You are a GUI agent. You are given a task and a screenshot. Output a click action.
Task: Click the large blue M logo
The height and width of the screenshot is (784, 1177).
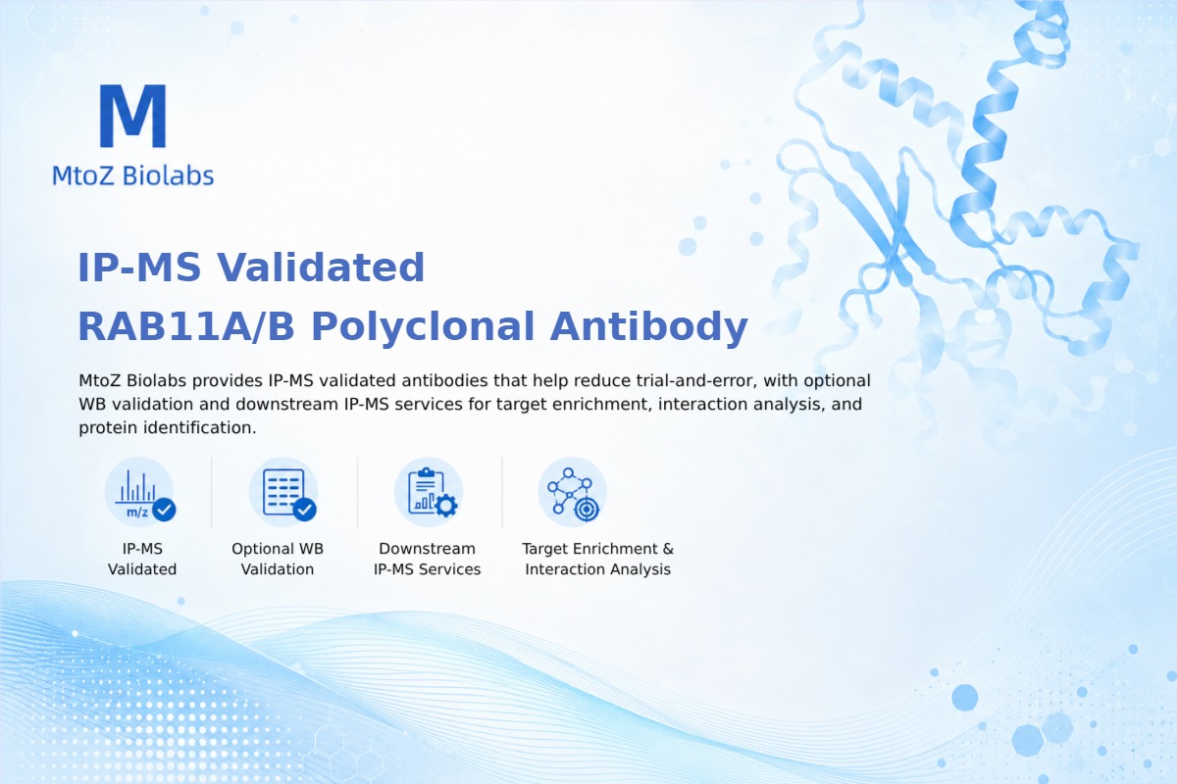pos(133,116)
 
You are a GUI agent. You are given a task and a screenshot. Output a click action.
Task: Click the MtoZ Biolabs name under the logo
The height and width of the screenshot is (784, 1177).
pos(133,175)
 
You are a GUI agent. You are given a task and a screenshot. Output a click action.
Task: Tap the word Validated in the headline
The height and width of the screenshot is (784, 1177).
pos(321,268)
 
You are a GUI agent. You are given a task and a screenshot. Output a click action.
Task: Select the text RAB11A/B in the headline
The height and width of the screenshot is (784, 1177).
pos(186,326)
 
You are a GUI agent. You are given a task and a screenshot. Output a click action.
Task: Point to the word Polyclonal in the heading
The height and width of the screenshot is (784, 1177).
pos(423,327)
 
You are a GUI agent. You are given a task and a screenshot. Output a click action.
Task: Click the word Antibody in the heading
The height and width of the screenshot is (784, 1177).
pos(649,327)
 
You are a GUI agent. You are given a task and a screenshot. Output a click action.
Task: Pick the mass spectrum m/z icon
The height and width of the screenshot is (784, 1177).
pos(140,493)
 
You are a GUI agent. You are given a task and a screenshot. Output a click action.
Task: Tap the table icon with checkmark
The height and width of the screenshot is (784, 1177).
pos(283,493)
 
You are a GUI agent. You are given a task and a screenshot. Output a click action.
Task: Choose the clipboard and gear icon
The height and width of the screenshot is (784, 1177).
pos(429,493)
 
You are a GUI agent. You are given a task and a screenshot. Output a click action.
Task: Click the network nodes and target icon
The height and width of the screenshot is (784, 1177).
pos(572,493)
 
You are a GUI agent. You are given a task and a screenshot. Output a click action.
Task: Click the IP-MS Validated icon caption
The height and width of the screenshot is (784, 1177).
pos(142,559)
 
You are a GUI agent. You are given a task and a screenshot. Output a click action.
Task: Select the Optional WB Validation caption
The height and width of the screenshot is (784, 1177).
pos(278,559)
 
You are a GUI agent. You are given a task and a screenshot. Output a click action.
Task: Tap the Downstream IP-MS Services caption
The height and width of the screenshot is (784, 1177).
pos(428,559)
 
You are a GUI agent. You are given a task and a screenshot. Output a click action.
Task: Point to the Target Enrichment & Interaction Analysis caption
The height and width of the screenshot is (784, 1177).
pos(598,559)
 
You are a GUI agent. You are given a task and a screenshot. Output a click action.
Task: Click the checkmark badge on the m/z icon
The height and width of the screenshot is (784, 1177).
pos(165,510)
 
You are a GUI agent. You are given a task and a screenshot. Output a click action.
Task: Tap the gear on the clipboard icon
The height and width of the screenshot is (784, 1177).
pos(446,506)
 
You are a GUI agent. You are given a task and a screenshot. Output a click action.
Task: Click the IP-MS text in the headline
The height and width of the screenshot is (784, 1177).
pos(139,268)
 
